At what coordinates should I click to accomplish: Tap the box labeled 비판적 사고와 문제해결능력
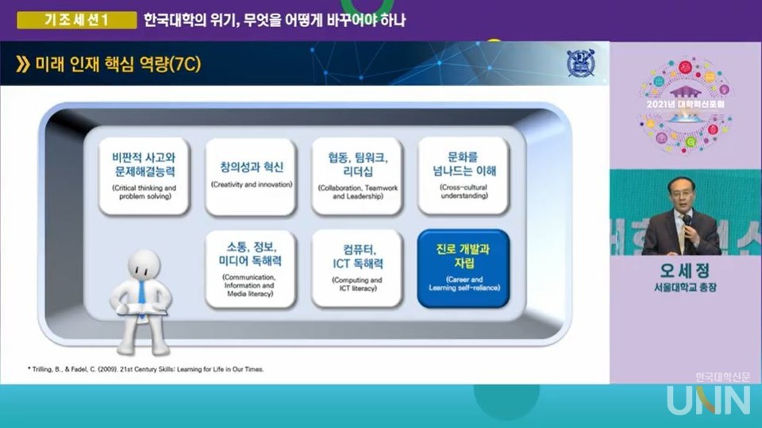(144, 175)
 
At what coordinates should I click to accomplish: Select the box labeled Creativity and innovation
(251, 175)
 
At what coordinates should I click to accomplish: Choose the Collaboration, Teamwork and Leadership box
(357, 175)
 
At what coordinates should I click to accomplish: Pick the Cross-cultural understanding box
(463, 175)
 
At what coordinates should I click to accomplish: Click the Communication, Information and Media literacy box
(251, 268)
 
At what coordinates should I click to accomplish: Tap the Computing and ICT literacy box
(357, 268)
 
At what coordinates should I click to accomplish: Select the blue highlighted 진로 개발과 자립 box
(463, 268)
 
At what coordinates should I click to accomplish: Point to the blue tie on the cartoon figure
(140, 293)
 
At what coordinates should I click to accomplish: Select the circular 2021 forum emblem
(686, 106)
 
